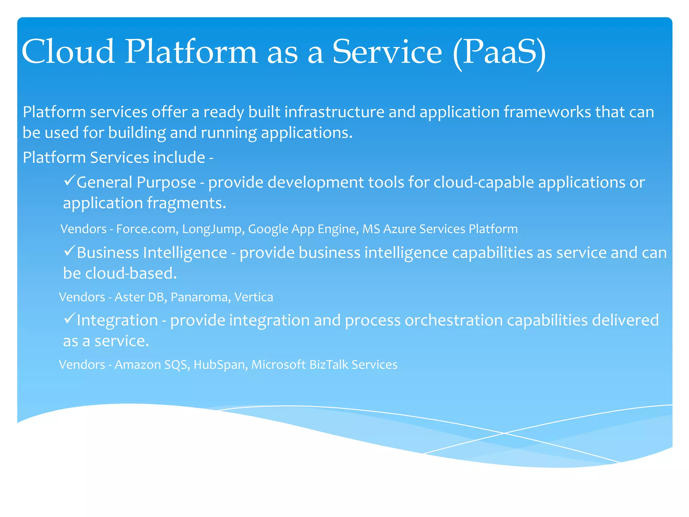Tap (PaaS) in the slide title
tap(499, 52)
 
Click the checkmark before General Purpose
tap(69, 181)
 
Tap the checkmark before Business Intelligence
tap(69, 251)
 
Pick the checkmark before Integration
tap(69, 319)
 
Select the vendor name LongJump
tap(213, 229)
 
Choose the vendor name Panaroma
tap(200, 297)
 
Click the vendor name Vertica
tap(254, 297)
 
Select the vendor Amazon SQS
tap(151, 365)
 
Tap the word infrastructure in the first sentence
tap(334, 112)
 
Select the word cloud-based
tap(131, 273)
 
